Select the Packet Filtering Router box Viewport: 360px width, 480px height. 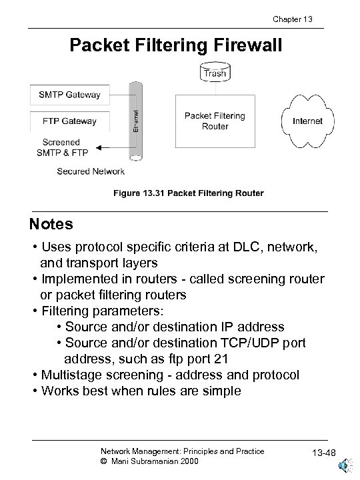click(x=215, y=121)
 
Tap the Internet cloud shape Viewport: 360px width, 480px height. click(x=307, y=121)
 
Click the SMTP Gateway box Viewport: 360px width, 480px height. click(x=70, y=95)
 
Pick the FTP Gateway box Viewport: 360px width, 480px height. click(x=70, y=121)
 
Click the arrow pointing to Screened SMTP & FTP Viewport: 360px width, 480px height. click(x=113, y=148)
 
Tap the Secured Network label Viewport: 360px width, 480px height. click(x=91, y=171)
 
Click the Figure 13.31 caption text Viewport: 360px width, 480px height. click(x=188, y=193)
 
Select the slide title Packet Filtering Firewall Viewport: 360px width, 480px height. click(x=177, y=45)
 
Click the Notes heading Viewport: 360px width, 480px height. click(x=51, y=223)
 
